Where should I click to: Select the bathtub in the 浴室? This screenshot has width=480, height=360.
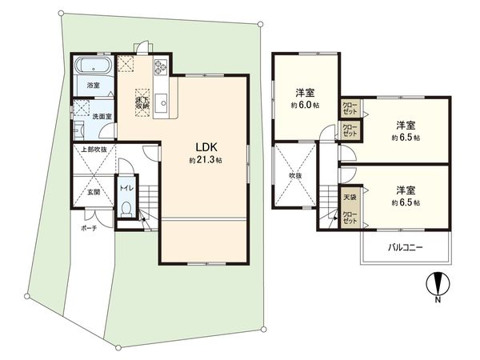click(94, 66)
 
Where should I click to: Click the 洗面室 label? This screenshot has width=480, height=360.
click(102, 116)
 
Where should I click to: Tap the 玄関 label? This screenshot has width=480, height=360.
click(93, 192)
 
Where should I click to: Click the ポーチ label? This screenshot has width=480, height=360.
click(88, 227)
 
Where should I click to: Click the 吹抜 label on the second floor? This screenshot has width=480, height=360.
click(296, 174)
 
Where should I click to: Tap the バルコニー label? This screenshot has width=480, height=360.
click(406, 248)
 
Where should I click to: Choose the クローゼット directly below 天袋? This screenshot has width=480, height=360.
click(350, 218)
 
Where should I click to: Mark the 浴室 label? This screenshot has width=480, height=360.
click(94, 84)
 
